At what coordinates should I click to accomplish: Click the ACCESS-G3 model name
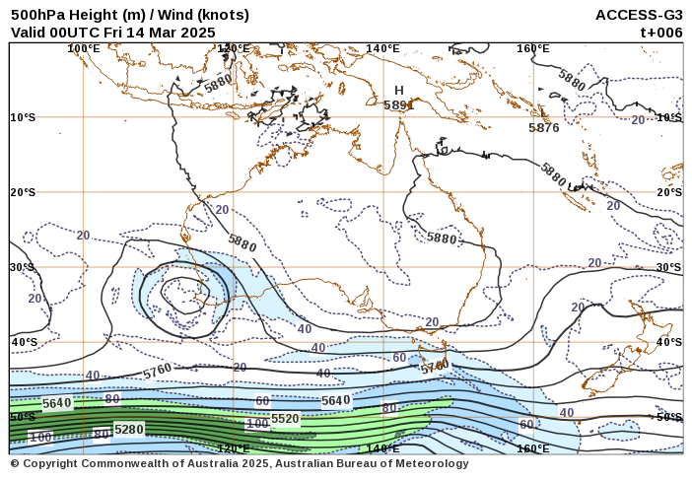[x=639, y=15]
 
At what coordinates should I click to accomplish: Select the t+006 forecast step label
[x=661, y=32]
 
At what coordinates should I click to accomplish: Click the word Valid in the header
[x=30, y=32]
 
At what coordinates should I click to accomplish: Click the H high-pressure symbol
[x=399, y=90]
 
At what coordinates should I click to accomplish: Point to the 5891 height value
[x=398, y=104]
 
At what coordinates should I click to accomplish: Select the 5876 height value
[x=543, y=127]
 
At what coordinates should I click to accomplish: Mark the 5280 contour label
[x=129, y=429]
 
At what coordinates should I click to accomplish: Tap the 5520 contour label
[x=285, y=419]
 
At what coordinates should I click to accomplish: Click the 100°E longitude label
[x=84, y=48]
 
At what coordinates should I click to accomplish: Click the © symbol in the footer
[x=15, y=463]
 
